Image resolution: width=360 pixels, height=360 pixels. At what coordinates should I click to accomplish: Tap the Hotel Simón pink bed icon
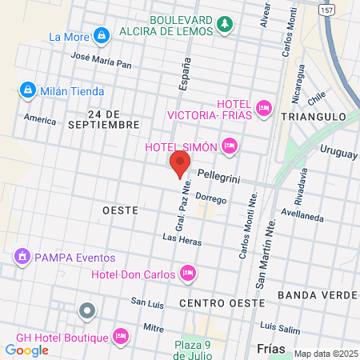[x=230, y=146]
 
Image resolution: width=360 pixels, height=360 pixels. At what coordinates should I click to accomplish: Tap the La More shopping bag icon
[x=102, y=36]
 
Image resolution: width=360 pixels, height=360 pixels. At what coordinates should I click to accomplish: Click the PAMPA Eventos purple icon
[x=22, y=257]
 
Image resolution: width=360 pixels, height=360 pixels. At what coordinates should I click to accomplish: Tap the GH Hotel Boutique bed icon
[x=121, y=336]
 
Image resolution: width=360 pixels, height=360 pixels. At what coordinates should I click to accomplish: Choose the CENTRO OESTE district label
[x=222, y=303]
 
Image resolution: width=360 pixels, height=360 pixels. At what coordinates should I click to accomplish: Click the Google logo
[x=27, y=350]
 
